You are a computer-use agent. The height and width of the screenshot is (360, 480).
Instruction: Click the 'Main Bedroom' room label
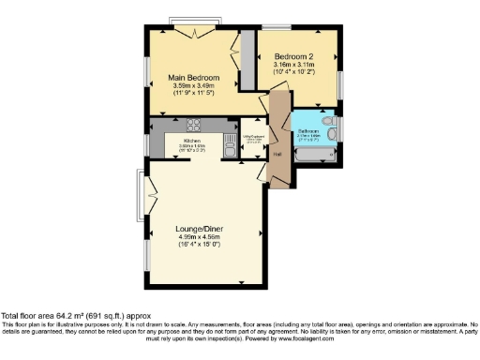[x=193, y=77]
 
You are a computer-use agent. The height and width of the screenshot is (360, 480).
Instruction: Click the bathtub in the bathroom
[x=308, y=158]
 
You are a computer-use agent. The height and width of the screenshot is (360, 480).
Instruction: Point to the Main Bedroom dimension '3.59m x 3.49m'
[x=193, y=86]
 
